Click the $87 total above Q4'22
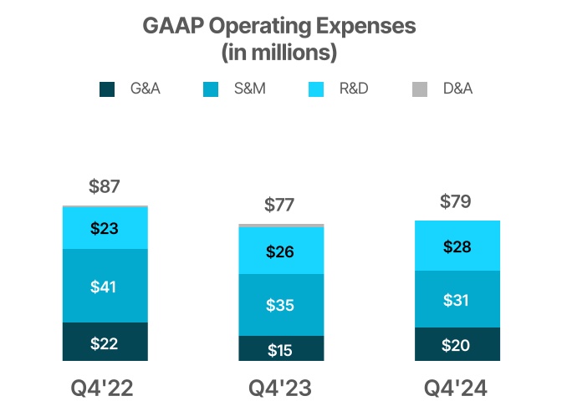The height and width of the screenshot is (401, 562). click(x=105, y=187)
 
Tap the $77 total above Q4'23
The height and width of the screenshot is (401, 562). click(x=281, y=205)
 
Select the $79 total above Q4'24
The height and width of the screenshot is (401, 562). click(x=457, y=201)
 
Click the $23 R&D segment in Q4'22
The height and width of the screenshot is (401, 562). click(x=105, y=227)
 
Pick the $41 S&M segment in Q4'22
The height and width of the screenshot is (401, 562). click(x=105, y=287)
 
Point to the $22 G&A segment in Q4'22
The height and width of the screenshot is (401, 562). click(x=105, y=343)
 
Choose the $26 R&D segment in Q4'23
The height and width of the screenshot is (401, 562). click(x=281, y=251)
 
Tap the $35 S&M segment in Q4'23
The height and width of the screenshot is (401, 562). click(x=281, y=305)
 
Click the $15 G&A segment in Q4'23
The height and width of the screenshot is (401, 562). click(x=281, y=349)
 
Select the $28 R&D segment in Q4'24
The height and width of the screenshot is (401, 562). click(x=457, y=246)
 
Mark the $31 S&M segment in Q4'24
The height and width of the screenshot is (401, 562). click(x=457, y=299)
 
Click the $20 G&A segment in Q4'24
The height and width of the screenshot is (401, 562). click(x=457, y=345)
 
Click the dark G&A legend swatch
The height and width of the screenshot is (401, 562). click(x=107, y=89)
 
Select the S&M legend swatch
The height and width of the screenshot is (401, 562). click(x=212, y=89)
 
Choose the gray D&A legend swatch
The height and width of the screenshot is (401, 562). click(x=421, y=89)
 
